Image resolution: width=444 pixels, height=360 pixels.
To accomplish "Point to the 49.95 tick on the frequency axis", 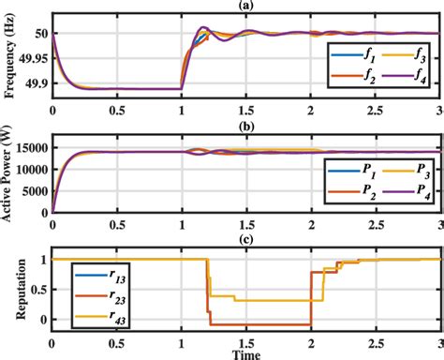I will click(x=31, y=58).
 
